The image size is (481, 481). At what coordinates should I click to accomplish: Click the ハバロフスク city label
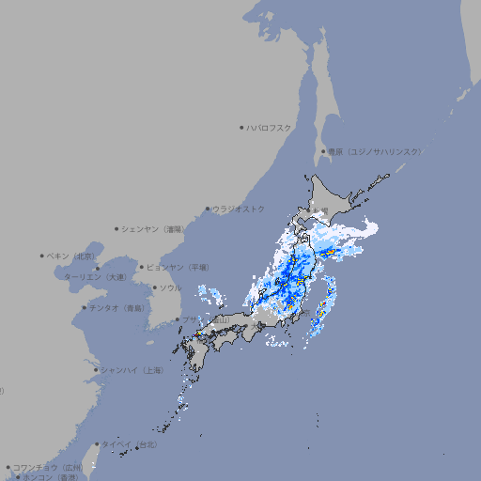(271, 127)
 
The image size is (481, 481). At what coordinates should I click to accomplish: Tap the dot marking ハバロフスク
(241, 127)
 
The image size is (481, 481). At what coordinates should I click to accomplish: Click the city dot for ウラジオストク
(208, 209)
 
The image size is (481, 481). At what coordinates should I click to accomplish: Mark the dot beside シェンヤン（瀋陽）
(116, 228)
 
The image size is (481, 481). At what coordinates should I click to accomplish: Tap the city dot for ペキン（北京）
(42, 256)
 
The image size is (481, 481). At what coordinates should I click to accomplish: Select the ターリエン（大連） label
(96, 277)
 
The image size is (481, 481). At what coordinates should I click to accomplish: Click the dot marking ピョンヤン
(142, 267)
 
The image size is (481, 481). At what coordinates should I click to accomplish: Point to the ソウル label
(170, 287)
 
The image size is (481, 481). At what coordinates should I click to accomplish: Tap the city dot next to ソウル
(154, 287)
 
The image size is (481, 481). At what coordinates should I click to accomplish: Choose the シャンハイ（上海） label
(132, 370)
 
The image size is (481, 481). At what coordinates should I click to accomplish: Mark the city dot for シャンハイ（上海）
(96, 370)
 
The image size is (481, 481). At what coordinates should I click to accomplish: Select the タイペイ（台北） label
(130, 444)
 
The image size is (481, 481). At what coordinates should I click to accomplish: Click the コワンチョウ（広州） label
(47, 467)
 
